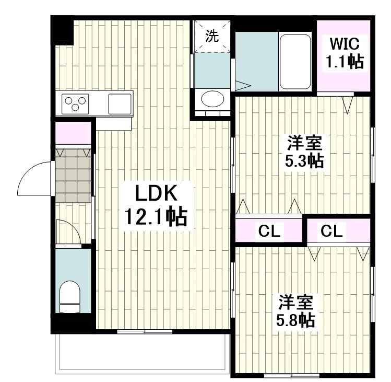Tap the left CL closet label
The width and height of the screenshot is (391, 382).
pos(269,230)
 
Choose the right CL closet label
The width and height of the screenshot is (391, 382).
pos(333,230)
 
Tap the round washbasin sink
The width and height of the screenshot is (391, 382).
pos(211,99)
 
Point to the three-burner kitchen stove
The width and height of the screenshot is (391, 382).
pos(76,103)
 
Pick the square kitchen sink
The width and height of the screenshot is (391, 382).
pos(120,103)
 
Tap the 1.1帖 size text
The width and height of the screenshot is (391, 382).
pos(344,62)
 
